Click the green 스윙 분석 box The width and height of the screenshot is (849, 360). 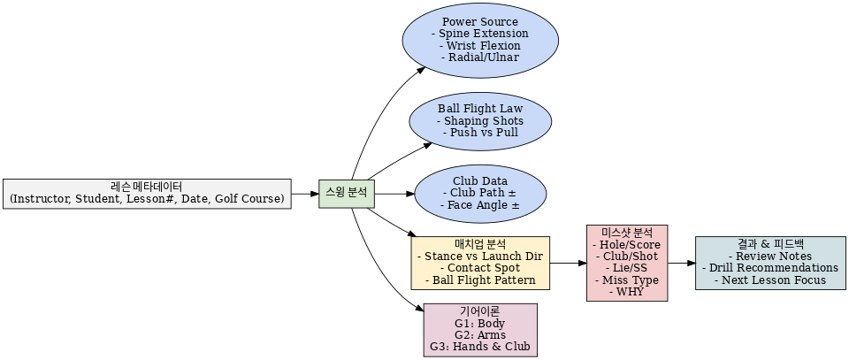pyautogui.click(x=347, y=193)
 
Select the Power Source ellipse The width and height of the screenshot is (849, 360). pyautogui.click(x=480, y=40)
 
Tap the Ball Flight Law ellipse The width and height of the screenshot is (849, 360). pyautogui.click(x=480, y=120)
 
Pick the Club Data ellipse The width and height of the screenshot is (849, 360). pyautogui.click(x=480, y=193)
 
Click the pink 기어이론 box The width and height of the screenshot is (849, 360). pyautogui.click(x=480, y=329)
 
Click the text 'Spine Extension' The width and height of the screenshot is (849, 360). pyautogui.click(x=480, y=34)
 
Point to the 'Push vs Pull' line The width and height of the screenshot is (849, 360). pyautogui.click(x=480, y=133)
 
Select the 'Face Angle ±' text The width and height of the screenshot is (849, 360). pyautogui.click(x=480, y=205)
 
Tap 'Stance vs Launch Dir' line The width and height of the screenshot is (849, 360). pyautogui.click(x=480, y=257)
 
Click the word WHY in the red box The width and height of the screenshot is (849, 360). pyautogui.click(x=627, y=293)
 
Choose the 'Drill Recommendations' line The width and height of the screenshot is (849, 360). pyautogui.click(x=769, y=268)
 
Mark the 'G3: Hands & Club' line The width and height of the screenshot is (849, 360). pyautogui.click(x=480, y=347)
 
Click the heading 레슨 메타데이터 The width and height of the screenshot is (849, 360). pyautogui.click(x=147, y=187)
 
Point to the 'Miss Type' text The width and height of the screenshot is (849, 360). pyautogui.click(x=627, y=280)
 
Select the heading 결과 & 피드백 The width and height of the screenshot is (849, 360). pyautogui.click(x=769, y=243)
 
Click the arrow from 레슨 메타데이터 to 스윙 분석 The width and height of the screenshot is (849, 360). pyautogui.click(x=305, y=193)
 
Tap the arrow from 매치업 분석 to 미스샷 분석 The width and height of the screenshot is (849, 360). pyautogui.click(x=568, y=263)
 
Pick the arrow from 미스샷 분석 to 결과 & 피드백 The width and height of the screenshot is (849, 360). pyautogui.click(x=681, y=263)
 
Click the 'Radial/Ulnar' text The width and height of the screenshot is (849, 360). pyautogui.click(x=480, y=58)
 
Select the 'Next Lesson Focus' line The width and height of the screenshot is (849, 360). pyautogui.click(x=769, y=280)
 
